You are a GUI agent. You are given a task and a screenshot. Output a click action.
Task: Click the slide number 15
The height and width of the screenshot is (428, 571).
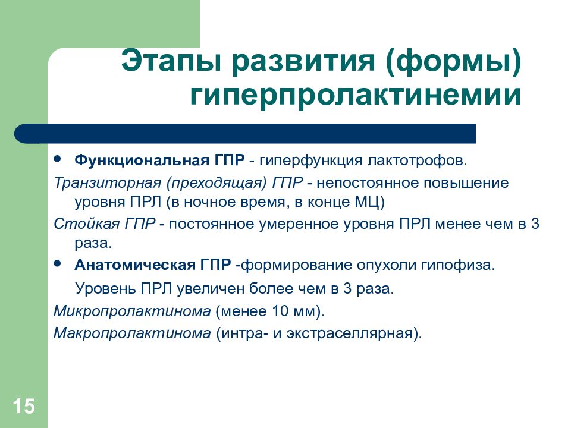pos(24,406)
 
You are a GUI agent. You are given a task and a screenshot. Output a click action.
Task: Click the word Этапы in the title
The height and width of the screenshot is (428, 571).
pos(171,61)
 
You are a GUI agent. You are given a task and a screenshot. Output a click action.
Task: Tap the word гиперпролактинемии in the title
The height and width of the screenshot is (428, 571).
pos(356,95)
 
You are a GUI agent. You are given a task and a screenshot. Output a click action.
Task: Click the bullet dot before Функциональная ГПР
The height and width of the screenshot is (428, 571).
pos(57,159)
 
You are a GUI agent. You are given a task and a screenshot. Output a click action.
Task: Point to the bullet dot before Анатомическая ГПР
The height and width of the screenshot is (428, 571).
pos(57,263)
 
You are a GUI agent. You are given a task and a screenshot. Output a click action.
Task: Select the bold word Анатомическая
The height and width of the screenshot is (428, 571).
pos(135,265)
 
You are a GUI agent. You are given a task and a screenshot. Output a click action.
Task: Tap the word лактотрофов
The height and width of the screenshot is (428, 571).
pos(417,160)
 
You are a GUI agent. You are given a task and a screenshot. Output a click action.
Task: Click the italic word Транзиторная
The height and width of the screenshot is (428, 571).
pos(108,182)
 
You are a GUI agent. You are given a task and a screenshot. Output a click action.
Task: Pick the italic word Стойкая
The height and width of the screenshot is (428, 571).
pos(87,224)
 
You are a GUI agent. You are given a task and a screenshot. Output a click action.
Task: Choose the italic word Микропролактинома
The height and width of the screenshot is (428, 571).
pos(132,311)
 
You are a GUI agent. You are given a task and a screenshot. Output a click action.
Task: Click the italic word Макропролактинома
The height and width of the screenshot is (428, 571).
pos(132,333)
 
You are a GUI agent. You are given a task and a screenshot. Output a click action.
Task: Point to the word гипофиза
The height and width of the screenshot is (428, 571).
pos(458,265)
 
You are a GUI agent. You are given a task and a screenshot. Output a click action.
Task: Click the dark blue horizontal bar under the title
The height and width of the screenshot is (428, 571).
pos(245,134)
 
